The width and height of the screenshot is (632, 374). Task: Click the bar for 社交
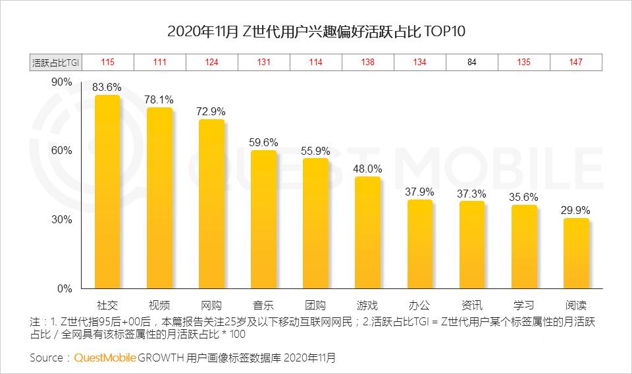coord(107,192)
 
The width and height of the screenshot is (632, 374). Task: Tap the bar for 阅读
coord(576,254)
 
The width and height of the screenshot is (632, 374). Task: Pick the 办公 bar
coord(419,244)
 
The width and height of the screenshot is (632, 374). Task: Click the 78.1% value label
coord(159,99)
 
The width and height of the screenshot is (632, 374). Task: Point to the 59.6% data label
coord(263,142)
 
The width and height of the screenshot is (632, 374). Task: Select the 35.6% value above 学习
coord(524,197)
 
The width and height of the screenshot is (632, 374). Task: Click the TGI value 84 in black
coord(472,63)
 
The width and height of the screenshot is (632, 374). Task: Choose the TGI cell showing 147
coord(576,63)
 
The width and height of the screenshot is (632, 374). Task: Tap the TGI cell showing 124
coord(211,63)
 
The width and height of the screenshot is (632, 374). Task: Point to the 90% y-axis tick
coord(61,82)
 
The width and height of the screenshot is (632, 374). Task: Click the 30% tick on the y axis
coord(61,220)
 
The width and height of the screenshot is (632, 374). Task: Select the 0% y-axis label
coord(64,289)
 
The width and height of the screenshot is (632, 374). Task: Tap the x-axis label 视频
coord(159,306)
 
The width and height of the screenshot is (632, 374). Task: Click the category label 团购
coord(315,306)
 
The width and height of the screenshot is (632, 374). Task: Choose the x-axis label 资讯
coord(471,306)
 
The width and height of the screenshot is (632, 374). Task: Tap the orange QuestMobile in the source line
coord(105,358)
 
